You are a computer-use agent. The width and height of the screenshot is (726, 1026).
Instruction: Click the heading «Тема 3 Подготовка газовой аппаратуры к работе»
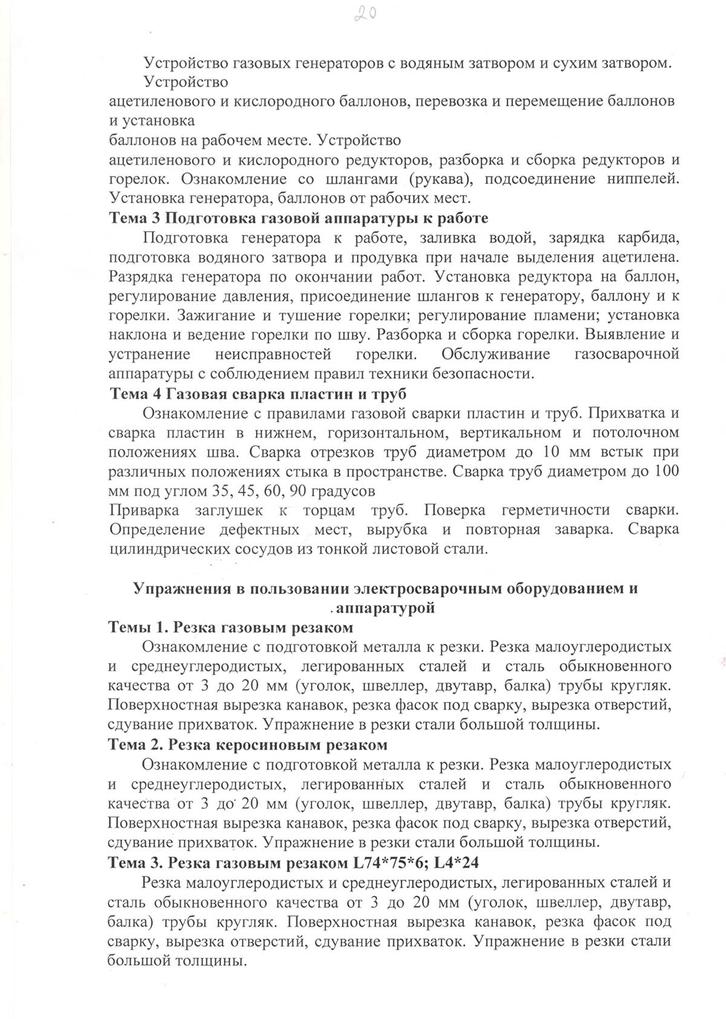coord(298,218)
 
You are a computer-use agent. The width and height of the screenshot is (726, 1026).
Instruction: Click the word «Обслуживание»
coord(495,354)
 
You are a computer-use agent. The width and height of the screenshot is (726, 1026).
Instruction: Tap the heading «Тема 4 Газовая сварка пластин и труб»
coord(258,393)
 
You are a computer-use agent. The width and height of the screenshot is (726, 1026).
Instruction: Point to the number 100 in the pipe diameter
coord(665,471)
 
